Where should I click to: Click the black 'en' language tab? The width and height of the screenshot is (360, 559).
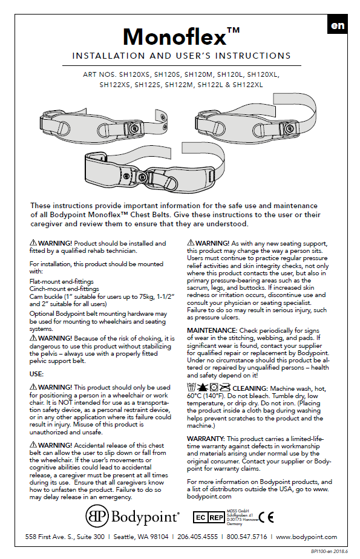point(337,25)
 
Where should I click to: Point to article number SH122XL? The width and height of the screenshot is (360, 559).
point(247,85)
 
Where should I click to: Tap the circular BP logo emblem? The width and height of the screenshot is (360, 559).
point(97,517)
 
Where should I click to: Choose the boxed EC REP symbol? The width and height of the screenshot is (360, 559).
point(209,517)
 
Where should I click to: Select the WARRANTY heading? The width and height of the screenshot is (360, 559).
point(206,439)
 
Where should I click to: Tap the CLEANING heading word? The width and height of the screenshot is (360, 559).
point(250,388)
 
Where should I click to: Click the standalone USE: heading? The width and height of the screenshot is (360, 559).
point(36,374)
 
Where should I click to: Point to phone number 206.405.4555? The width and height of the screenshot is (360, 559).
point(197,537)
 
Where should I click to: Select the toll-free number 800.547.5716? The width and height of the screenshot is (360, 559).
point(247,537)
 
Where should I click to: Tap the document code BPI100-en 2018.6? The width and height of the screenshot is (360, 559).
point(329,551)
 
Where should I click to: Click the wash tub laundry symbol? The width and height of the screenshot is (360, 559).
point(191,388)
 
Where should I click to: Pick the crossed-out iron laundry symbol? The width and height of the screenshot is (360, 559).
point(225,388)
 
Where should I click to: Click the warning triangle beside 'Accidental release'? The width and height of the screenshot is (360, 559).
point(33,445)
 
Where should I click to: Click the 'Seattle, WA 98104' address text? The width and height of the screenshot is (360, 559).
point(141,537)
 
